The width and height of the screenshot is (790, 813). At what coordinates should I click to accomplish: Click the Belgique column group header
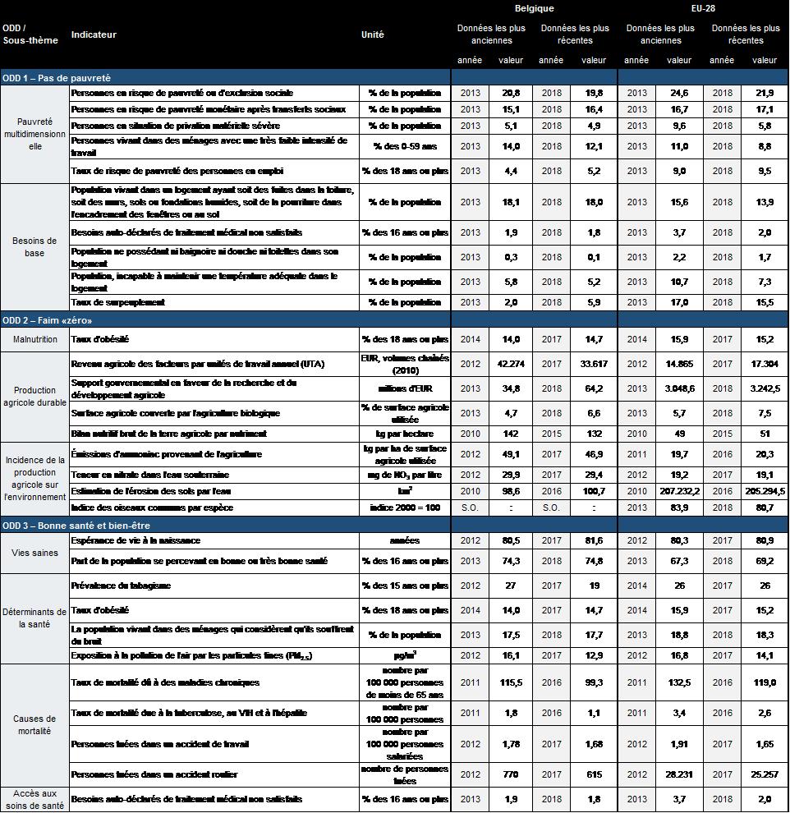tap(534, 8)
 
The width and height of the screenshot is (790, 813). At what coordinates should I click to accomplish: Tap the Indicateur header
tap(94, 34)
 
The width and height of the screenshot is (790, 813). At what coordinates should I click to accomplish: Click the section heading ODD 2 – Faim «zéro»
tap(47, 319)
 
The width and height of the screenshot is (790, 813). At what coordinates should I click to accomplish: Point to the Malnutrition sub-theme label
tap(34, 339)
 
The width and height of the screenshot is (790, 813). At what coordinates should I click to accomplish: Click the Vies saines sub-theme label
tap(34, 553)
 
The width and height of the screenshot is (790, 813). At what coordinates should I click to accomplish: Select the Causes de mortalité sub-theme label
tap(34, 724)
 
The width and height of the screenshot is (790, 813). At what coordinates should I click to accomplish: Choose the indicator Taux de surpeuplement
tap(118, 302)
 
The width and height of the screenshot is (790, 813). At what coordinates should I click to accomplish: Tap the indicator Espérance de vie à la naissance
tap(135, 540)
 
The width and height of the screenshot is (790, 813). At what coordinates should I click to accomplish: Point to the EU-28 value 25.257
tap(765, 774)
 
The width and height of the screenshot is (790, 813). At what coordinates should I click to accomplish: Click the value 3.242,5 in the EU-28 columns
tap(765, 388)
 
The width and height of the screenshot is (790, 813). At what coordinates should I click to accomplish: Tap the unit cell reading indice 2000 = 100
tap(405, 508)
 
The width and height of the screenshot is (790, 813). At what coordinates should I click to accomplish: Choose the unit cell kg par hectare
tap(405, 434)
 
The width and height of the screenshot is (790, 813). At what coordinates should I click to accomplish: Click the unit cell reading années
tap(405, 540)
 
